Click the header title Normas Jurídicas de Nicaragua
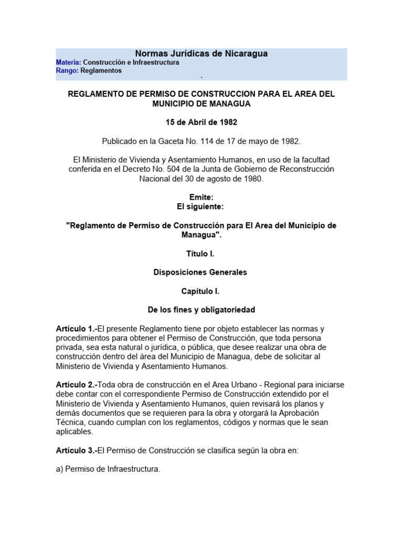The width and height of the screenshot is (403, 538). [201, 54]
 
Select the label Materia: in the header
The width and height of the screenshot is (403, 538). [68, 63]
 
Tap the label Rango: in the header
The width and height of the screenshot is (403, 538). [67, 70]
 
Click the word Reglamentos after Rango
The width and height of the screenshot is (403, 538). [101, 70]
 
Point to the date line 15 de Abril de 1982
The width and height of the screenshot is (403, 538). [201, 122]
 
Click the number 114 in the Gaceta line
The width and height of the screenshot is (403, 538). [215, 141]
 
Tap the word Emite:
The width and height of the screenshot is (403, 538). [201, 198]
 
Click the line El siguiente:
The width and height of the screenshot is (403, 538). [201, 207]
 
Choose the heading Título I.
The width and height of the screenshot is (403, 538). [201, 254]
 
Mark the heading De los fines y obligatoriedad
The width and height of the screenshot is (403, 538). [201, 310]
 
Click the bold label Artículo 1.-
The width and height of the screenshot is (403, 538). [77, 329]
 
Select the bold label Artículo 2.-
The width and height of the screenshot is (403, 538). [77, 385]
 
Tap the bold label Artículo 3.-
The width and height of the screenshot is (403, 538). [77, 450]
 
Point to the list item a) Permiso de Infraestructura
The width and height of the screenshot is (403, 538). [108, 469]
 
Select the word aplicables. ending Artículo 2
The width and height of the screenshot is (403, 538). [75, 432]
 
